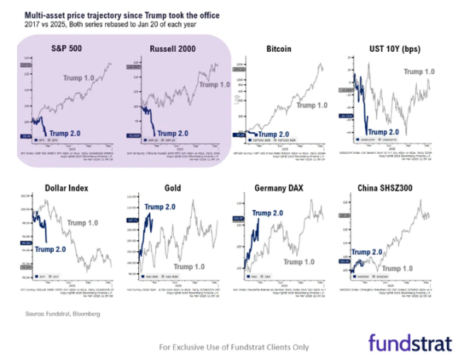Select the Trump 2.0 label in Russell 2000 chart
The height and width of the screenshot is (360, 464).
[x=179, y=133]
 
